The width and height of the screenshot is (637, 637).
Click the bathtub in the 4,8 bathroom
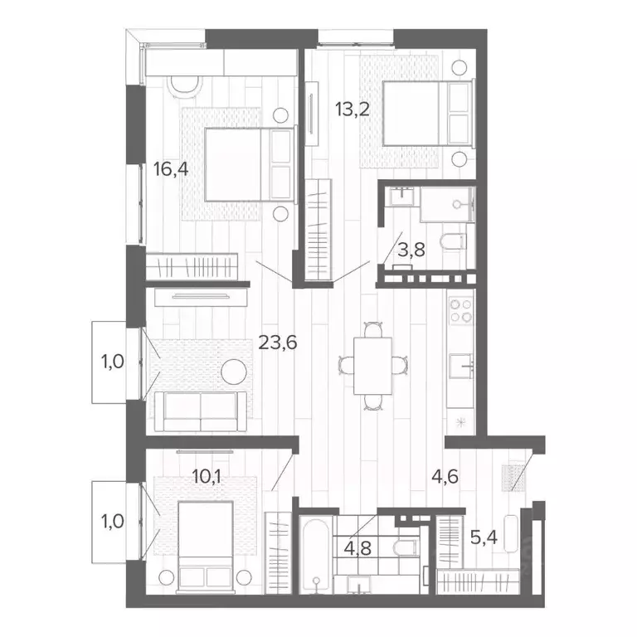click(316, 556)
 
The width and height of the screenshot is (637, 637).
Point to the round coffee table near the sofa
click(235, 371)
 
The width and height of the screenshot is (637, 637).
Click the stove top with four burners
click(461, 311)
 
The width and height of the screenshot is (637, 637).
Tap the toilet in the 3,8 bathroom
click(454, 241)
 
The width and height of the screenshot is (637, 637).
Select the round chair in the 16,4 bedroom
click(185, 83)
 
